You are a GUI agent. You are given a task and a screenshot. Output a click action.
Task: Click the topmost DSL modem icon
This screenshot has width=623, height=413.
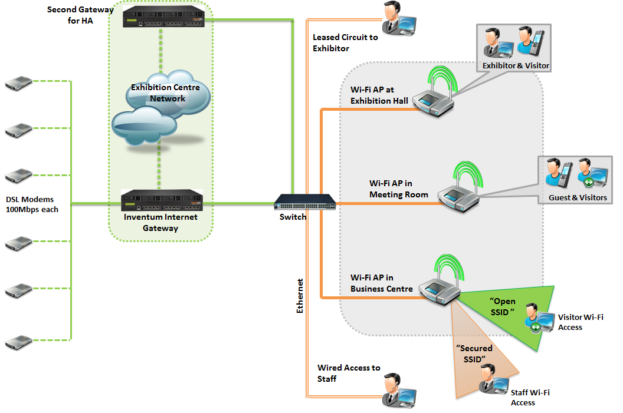point(18,82)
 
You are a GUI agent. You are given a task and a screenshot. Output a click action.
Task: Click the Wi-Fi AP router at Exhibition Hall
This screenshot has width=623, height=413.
point(434,103)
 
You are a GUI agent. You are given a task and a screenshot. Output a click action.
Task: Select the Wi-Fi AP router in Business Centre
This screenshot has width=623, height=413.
point(439,288)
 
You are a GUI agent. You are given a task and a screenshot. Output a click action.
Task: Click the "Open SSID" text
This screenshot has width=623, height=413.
point(503,306)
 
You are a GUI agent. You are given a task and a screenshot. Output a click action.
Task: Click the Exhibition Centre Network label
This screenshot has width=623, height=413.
point(166,93)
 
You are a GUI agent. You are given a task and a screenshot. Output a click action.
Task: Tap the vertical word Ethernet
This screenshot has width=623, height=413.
point(300,295)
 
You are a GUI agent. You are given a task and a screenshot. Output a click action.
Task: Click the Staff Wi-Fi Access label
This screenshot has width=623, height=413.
point(530,397)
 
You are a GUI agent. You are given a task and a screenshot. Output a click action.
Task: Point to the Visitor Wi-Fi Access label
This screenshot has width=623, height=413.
point(581,322)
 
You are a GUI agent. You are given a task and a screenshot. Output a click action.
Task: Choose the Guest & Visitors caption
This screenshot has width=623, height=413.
point(577,197)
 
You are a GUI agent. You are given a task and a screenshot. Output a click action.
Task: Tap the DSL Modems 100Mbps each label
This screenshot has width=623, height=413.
point(32,204)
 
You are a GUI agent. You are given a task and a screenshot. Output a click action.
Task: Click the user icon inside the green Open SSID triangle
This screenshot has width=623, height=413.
point(533,318)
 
